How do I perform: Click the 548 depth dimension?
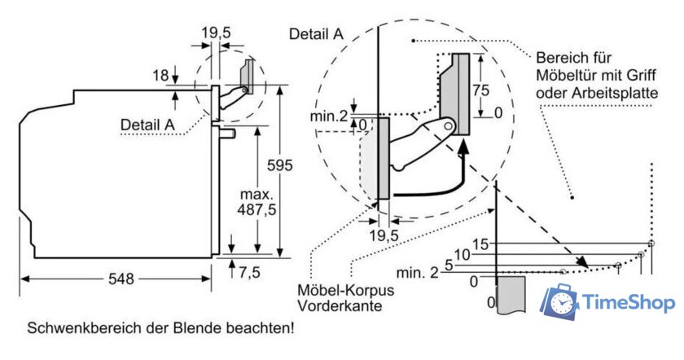[120, 279]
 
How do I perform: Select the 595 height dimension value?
[278, 165]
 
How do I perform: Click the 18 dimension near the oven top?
[160, 76]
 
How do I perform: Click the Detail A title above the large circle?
[315, 33]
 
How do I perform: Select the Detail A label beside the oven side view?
[147, 124]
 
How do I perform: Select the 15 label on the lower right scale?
[480, 244]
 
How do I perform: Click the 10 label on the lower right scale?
[463, 255]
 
